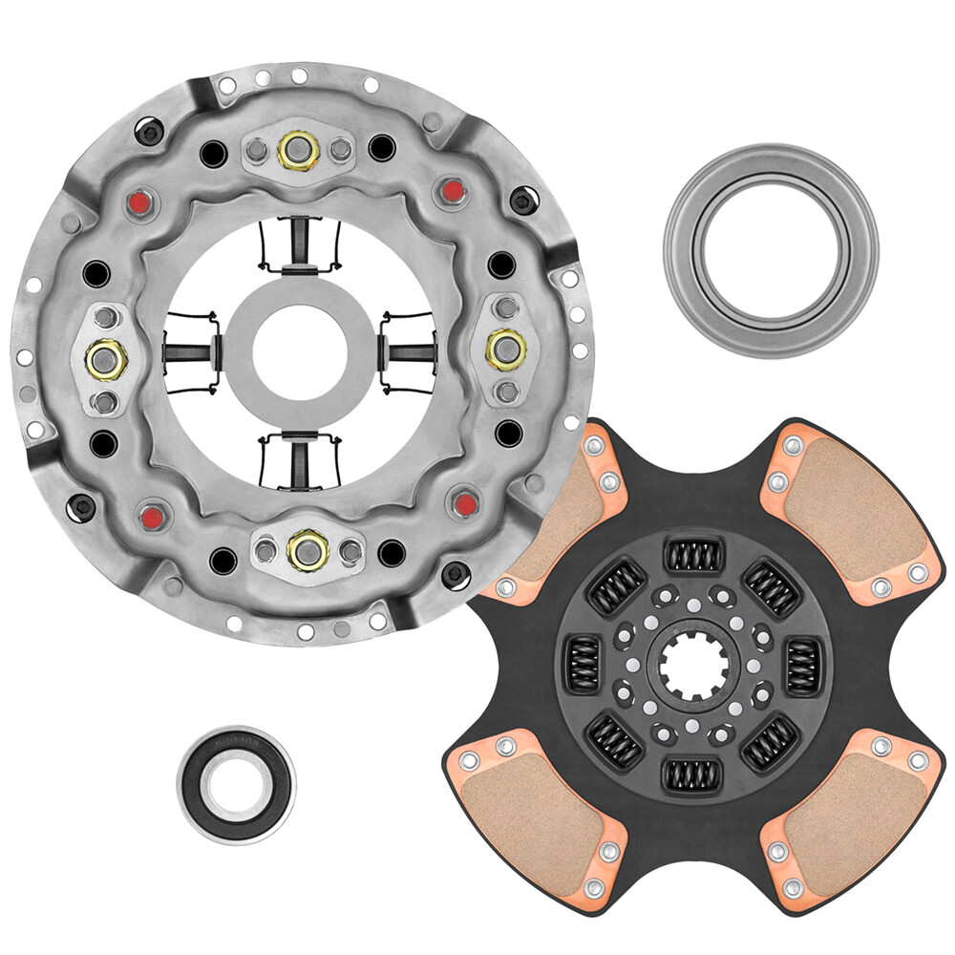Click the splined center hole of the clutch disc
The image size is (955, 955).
693,666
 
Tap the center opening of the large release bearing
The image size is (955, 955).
771,250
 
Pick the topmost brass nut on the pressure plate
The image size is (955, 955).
298,150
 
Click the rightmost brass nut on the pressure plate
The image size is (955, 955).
503,349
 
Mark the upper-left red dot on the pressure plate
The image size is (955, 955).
141,202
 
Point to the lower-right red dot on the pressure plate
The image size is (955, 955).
466,502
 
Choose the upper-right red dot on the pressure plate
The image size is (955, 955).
452,190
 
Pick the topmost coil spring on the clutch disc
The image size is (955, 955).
694,556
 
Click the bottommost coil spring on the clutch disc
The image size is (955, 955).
692,775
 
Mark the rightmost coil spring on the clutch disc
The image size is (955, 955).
802,666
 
